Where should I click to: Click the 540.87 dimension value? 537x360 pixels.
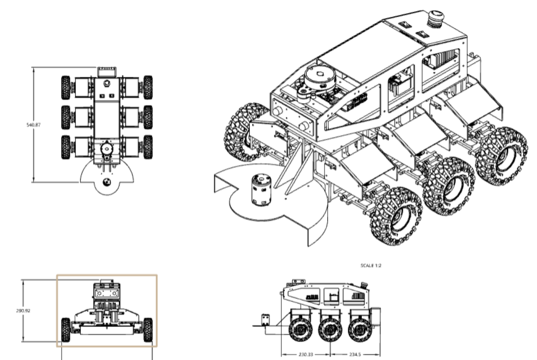(33, 125)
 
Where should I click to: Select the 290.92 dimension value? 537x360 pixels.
(23, 311)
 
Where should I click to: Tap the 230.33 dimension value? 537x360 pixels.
(306, 355)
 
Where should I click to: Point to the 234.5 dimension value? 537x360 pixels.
(355, 355)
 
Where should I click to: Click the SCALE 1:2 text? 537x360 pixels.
(371, 266)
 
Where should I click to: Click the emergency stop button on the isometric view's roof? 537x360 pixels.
(436, 18)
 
